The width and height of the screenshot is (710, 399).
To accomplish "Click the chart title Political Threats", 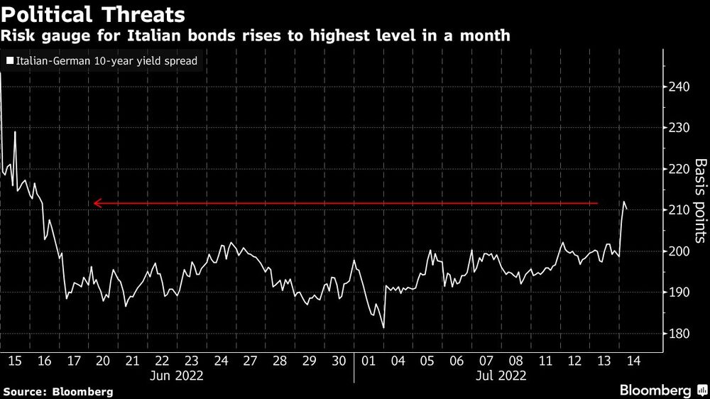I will [94, 13].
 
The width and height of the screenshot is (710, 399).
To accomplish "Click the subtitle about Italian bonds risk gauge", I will [256, 35].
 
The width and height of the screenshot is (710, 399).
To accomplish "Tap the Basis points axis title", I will [700, 200].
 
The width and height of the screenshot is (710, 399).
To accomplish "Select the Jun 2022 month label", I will [177, 376].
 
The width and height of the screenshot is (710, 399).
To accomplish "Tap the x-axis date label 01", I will [368, 361].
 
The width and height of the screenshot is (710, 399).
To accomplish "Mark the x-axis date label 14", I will [633, 361].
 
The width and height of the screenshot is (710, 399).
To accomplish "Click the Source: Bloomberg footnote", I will [58, 391].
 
